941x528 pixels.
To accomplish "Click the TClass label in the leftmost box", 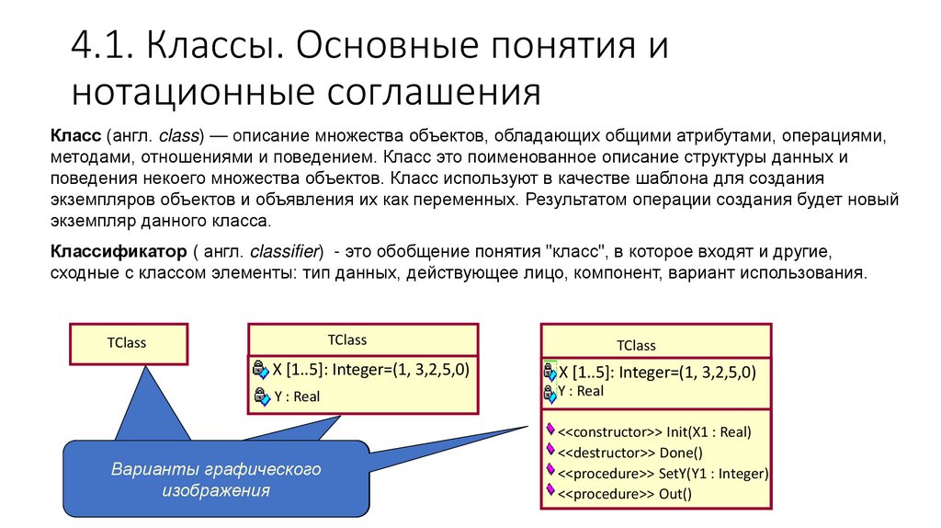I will pyautogui.click(x=127, y=343).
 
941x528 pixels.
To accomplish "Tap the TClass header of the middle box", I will pyautogui.click(x=346, y=340).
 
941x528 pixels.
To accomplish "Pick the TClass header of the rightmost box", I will pyautogui.click(x=636, y=346).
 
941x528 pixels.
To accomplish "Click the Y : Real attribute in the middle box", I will pyautogui.click(x=297, y=396).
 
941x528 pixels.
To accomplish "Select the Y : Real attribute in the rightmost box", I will pyautogui.click(x=581, y=391).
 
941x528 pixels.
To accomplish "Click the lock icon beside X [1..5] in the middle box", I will pyautogui.click(x=259, y=370).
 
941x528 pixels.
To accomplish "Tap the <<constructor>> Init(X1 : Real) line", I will pyautogui.click(x=654, y=430).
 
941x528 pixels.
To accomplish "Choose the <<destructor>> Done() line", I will pyautogui.click(x=629, y=452).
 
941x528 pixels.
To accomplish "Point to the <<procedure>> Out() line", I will pyautogui.click(x=625, y=494).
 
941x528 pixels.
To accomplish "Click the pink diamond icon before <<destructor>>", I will pyautogui.click(x=550, y=450).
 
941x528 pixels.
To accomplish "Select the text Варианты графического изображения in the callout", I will pyautogui.click(x=216, y=480).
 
